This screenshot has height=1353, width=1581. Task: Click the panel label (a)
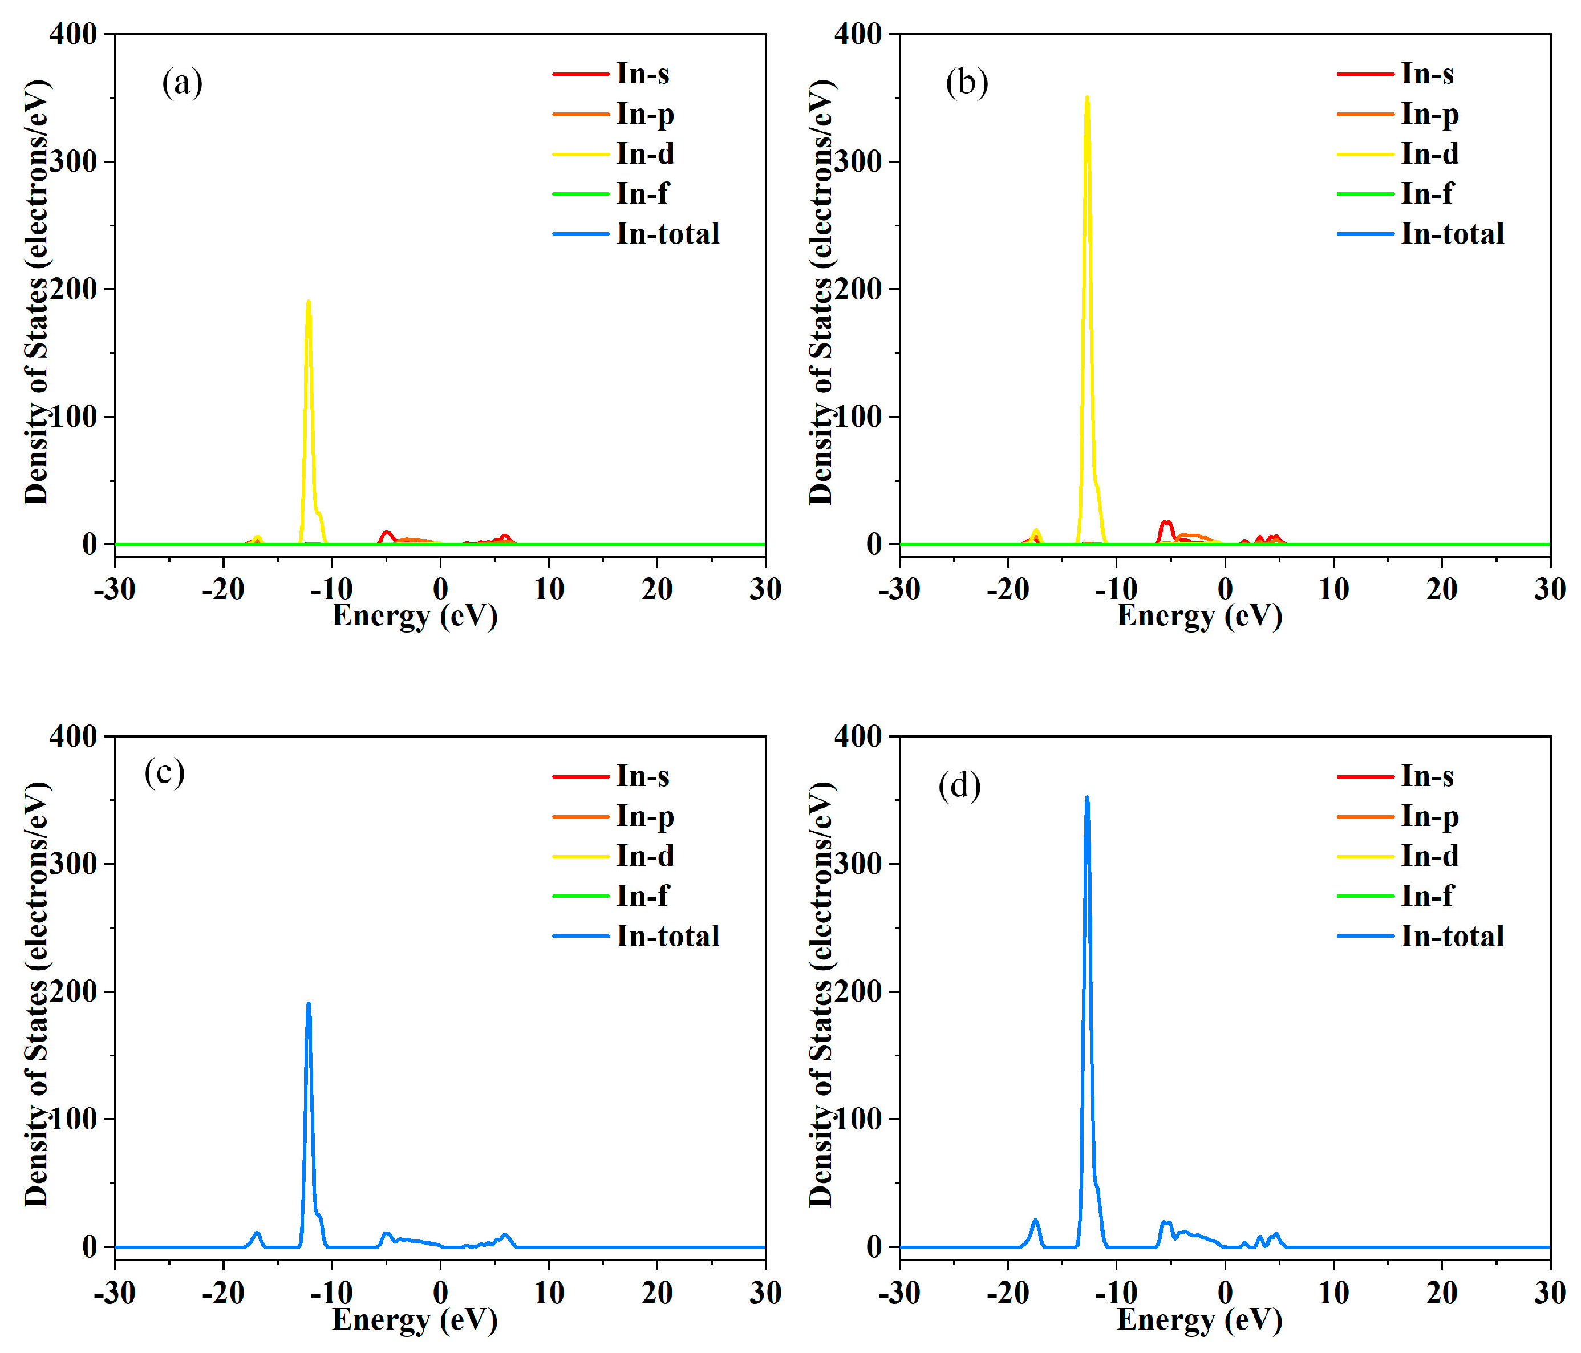[181, 82]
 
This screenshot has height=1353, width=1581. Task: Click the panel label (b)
[966, 82]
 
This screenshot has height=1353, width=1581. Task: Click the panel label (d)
[959, 786]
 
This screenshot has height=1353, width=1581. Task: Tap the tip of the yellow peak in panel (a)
[308, 301]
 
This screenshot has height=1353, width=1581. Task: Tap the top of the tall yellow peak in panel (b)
[1087, 98]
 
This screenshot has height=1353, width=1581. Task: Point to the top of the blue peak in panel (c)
[308, 1004]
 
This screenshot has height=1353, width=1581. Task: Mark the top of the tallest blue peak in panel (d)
[1087, 798]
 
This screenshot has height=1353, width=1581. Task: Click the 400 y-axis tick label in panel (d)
[858, 736]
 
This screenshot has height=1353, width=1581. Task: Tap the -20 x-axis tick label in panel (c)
[223, 1292]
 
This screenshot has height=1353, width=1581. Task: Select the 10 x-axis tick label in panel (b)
[1333, 589]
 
